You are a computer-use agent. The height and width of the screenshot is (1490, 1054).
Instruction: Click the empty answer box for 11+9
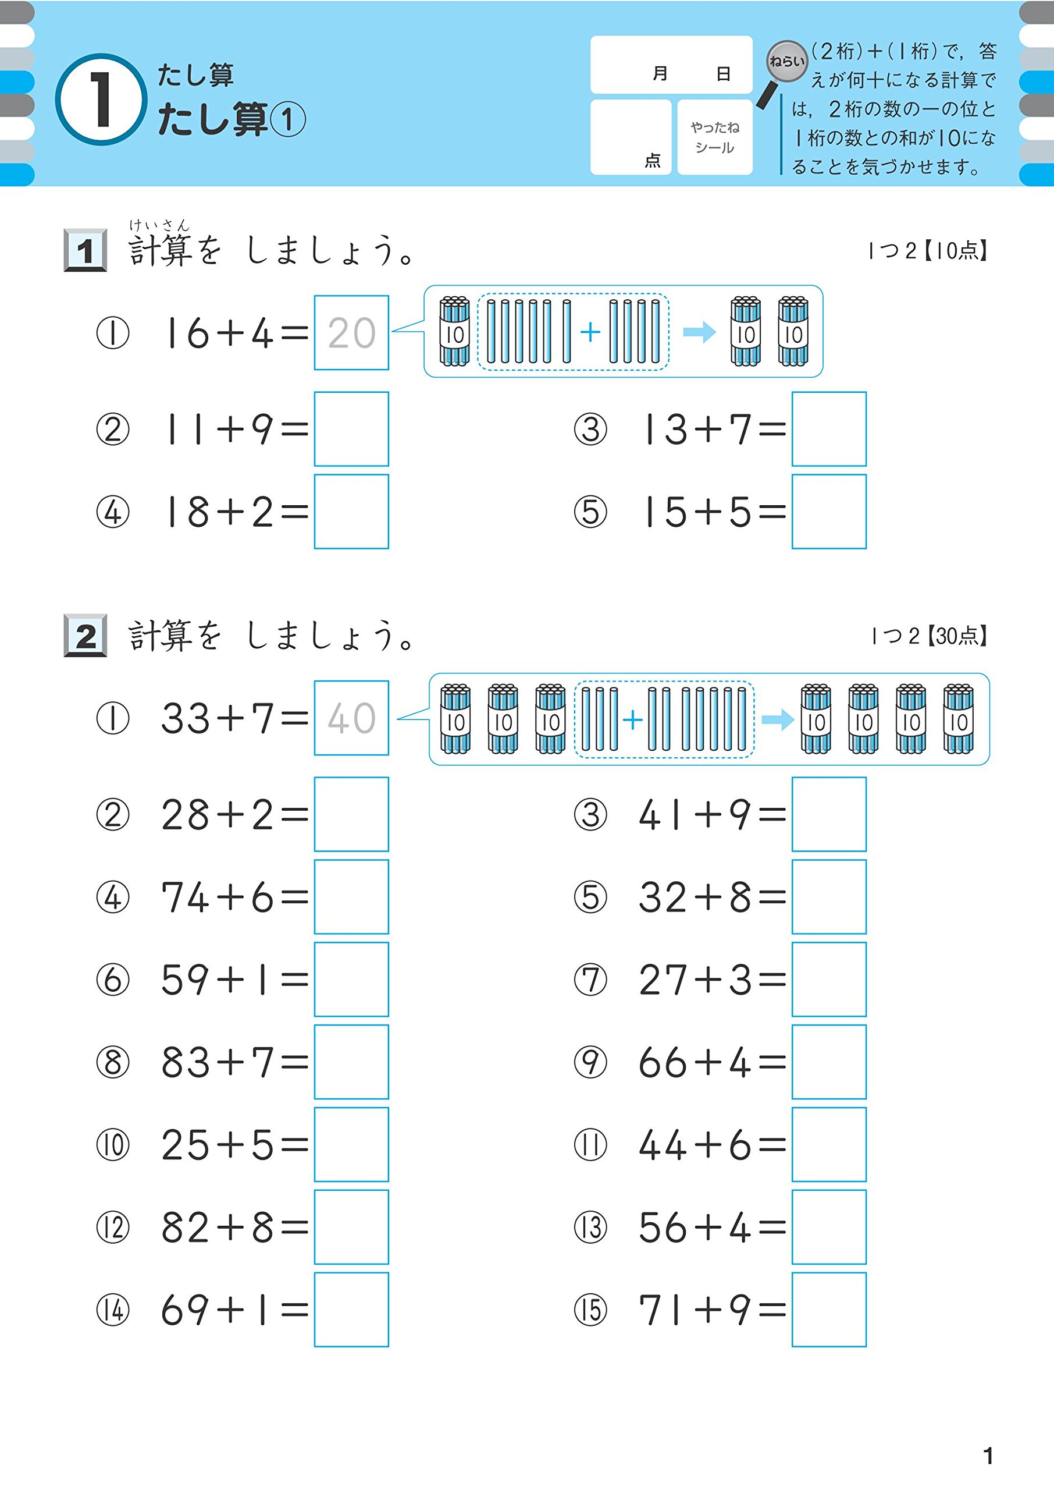click(351, 428)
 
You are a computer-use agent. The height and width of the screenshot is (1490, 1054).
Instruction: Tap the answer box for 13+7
click(829, 428)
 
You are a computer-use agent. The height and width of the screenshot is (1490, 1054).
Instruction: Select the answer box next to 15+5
click(829, 512)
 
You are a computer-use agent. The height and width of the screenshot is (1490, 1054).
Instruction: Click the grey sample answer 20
click(351, 333)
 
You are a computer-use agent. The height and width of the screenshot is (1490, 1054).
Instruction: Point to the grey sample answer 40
click(351, 718)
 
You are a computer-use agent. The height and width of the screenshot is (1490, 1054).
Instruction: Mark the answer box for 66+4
click(829, 1062)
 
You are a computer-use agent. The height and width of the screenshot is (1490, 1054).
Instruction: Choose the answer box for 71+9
click(829, 1310)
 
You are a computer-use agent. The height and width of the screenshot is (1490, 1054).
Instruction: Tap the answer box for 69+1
click(351, 1310)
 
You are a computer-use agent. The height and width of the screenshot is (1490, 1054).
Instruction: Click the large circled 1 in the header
click(101, 100)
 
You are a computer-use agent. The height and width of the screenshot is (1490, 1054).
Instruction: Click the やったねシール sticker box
click(714, 137)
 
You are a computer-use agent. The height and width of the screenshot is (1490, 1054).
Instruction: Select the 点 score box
click(630, 137)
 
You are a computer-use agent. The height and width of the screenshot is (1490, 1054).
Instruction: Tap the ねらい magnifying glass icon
click(785, 63)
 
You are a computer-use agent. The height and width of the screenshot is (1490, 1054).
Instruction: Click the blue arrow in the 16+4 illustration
click(699, 332)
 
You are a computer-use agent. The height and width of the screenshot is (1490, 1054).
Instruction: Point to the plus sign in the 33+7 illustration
click(632, 719)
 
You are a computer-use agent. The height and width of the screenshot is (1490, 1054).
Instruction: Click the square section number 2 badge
click(86, 636)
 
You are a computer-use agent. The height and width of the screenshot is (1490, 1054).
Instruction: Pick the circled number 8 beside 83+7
click(113, 1063)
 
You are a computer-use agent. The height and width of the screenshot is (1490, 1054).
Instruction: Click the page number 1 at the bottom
click(988, 1456)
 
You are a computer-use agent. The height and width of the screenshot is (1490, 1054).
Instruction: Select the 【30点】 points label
click(957, 636)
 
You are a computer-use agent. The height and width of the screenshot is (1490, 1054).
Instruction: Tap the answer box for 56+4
click(829, 1227)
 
